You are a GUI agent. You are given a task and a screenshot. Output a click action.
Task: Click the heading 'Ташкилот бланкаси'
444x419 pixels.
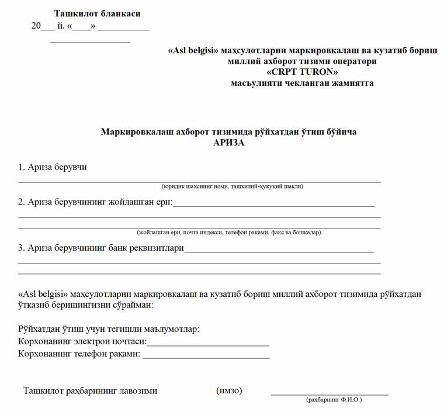coord(97,13)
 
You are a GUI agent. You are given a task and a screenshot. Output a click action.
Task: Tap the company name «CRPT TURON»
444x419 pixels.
coord(302,72)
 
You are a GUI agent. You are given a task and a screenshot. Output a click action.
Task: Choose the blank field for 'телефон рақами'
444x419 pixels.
coord(206,356)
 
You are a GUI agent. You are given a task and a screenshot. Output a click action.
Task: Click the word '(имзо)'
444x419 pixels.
coord(229,390)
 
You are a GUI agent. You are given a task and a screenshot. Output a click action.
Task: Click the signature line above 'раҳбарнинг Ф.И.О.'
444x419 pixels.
coord(329,394)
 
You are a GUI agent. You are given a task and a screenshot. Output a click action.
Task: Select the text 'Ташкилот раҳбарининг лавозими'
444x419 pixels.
coord(91,390)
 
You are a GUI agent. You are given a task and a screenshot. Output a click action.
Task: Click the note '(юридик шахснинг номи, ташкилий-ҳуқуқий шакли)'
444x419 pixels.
coord(233,186)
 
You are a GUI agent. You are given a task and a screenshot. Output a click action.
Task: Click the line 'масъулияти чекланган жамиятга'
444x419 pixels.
coord(302,83)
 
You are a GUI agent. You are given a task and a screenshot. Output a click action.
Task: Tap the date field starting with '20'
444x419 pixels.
coord(91,26)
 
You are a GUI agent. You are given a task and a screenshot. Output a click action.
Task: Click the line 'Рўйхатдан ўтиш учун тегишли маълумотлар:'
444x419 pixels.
coord(109,328)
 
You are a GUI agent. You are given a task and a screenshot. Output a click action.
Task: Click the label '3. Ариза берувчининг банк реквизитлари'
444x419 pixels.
coord(101,248)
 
